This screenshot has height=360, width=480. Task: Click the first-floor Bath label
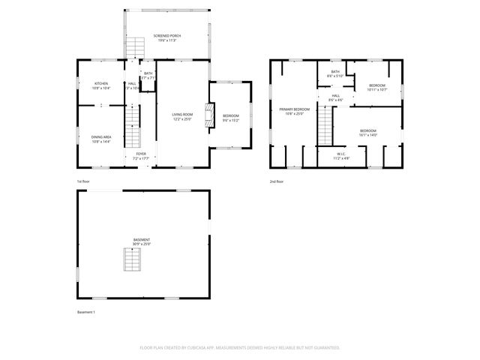[148, 75]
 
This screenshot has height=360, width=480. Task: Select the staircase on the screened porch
[134, 48]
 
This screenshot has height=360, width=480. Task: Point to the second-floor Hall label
[336, 97]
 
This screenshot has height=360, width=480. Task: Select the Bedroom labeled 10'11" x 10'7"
[376, 88]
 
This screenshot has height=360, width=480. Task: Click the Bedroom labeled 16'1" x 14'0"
[367, 133]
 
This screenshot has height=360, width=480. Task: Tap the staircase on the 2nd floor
[324, 125]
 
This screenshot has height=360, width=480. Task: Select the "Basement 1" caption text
[86, 311]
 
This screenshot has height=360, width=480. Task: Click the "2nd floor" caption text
[277, 181]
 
